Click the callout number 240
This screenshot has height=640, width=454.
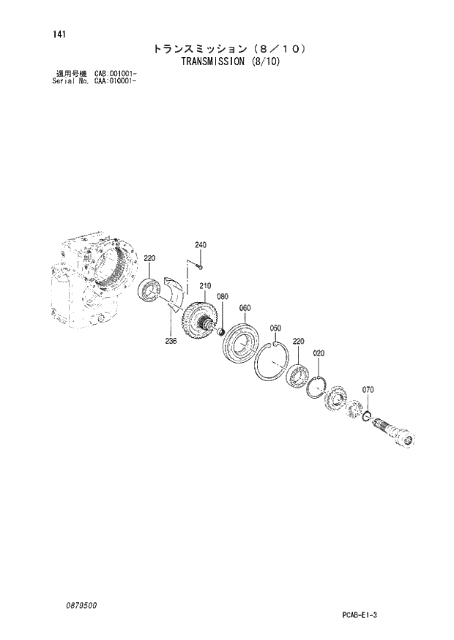click(201, 244)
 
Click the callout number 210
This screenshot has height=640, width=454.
click(205, 286)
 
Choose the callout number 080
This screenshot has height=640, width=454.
click(223, 297)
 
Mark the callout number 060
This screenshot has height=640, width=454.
click(245, 307)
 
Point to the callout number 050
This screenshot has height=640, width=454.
click(276, 328)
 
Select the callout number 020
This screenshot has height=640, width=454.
click(319, 353)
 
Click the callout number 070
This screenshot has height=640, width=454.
click(368, 390)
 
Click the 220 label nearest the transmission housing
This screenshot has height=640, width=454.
click(149, 258)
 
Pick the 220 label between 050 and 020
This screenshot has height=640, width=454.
click(298, 341)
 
